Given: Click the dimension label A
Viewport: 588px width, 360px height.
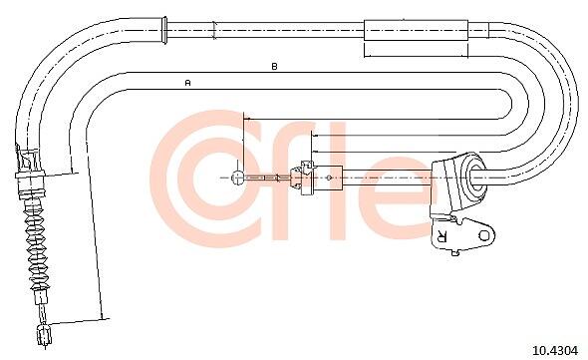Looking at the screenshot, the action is (x=188, y=82).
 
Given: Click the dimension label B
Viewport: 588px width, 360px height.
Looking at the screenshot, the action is (x=274, y=67).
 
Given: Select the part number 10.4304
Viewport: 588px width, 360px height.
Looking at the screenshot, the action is (x=555, y=351).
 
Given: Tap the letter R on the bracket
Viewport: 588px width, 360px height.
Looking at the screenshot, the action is (x=441, y=235).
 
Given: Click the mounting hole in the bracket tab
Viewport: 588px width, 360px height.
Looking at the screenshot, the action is (x=484, y=235).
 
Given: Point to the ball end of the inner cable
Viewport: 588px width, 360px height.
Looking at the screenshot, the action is (x=238, y=178).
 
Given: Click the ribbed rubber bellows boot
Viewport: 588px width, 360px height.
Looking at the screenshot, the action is (x=37, y=245).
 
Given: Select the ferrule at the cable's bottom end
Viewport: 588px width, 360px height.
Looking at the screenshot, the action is (x=44, y=335).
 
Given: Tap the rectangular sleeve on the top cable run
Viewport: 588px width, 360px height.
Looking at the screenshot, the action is (x=416, y=30).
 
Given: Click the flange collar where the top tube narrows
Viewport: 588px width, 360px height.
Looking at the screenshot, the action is (x=163, y=30).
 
